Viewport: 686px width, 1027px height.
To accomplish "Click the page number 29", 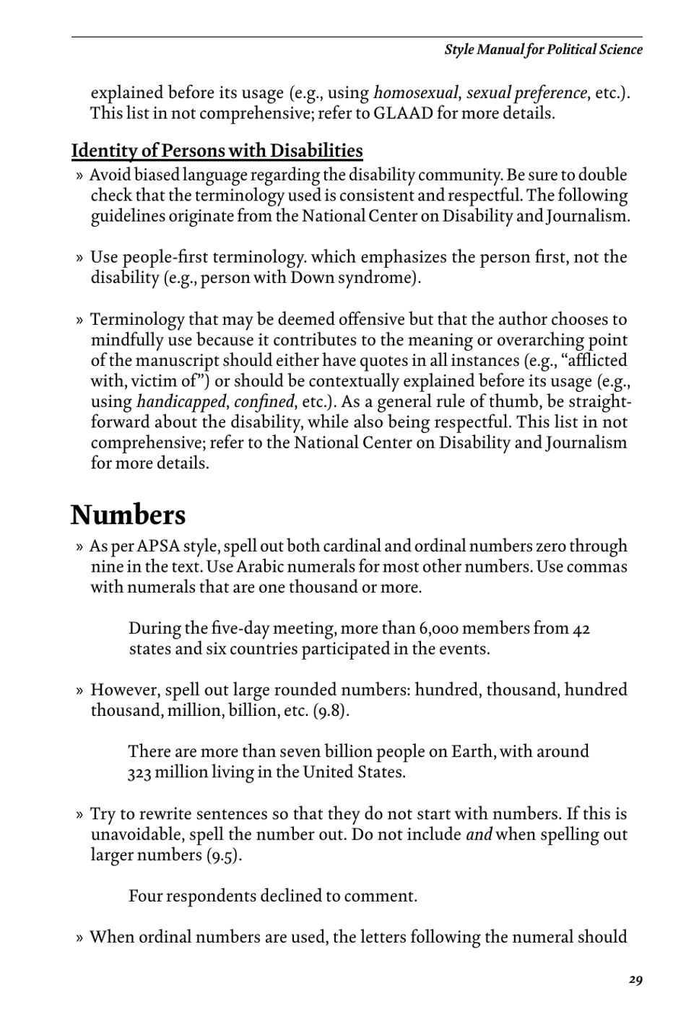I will tap(635, 979).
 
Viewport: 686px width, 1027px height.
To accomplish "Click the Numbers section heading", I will tap(128, 515).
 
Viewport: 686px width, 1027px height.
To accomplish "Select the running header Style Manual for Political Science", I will tap(543, 50).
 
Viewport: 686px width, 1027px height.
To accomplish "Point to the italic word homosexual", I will tap(416, 93).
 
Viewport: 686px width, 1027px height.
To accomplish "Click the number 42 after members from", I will tap(581, 629).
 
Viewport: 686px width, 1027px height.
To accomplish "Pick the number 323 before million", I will tap(139, 773).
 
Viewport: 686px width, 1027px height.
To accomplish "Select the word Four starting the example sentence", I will tap(147, 897).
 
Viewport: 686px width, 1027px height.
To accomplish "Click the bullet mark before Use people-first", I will tap(79, 258).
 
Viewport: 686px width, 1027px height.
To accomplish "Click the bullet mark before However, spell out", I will tap(79, 691).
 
